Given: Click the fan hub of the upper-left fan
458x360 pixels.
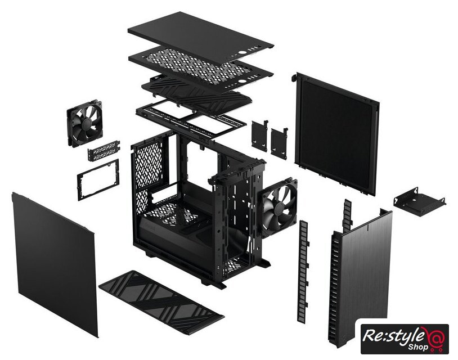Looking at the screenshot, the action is (85, 124).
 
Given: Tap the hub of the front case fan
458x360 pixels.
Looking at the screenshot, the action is (280, 208).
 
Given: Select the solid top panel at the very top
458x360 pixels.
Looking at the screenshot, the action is (200, 34).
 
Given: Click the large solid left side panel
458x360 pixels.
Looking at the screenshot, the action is (55, 264).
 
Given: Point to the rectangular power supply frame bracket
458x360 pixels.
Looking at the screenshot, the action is (98, 180).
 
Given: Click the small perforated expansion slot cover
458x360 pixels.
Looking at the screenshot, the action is (104, 150).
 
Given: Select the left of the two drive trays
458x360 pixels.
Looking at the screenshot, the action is (259, 136).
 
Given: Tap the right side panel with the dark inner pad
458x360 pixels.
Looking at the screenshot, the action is (337, 134).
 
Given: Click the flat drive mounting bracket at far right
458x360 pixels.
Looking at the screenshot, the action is (419, 202).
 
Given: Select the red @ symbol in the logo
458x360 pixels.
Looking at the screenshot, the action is (436, 337).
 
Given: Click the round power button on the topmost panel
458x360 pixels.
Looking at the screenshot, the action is (243, 52).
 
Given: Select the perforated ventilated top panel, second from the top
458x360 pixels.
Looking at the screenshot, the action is (201, 66).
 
